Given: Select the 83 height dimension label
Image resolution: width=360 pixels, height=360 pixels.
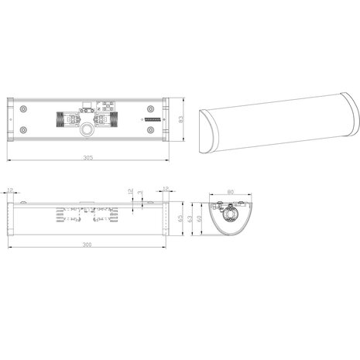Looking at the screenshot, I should point(180,119).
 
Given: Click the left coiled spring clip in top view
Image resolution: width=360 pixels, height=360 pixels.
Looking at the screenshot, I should point(60,119).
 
